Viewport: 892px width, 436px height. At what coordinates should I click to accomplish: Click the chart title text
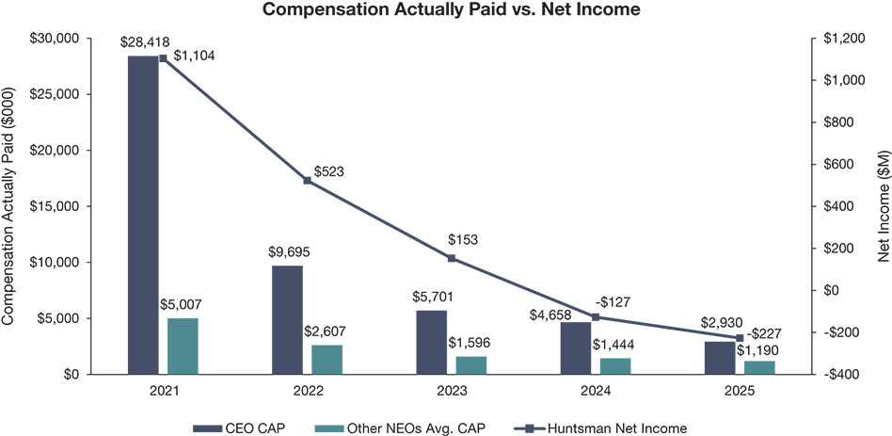pos(446,10)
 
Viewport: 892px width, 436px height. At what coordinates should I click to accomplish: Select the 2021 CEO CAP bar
pos(143,215)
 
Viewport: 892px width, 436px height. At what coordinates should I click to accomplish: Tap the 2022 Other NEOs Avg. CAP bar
pos(327,359)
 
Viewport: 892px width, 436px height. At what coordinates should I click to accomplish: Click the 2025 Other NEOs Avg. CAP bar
pos(760,367)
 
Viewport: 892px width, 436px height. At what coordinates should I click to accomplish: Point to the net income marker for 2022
pos(306,180)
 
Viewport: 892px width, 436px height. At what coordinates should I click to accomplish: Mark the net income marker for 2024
pos(596,316)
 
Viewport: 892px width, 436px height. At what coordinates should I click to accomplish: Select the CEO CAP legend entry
pos(239,428)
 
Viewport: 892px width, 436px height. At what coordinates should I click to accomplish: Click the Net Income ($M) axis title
pos(881,206)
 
